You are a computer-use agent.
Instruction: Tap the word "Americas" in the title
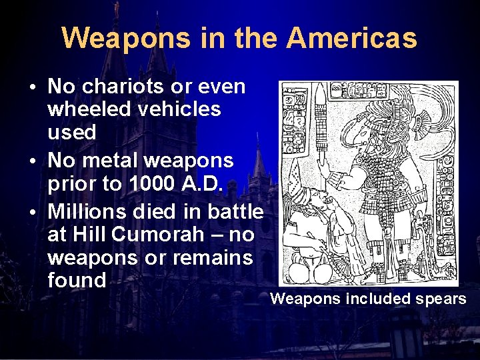352,38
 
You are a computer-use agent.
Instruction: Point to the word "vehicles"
178,109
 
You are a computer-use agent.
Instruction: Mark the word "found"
77,280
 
